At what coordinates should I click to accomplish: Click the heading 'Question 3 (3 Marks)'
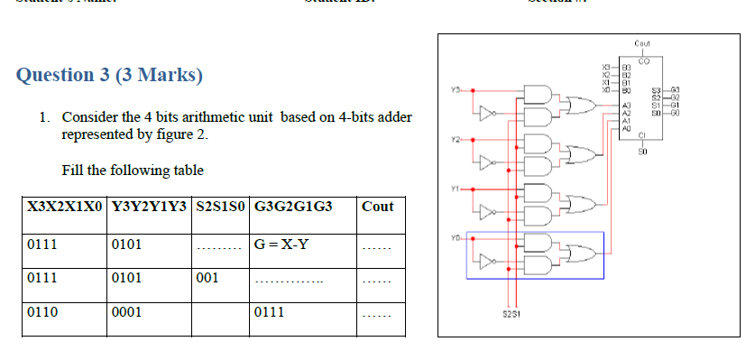click(109, 75)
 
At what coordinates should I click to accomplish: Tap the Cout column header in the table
click(377, 206)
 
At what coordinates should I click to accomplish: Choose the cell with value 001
click(207, 277)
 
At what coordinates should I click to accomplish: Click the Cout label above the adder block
click(642, 43)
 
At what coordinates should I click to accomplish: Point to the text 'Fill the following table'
click(133, 170)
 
